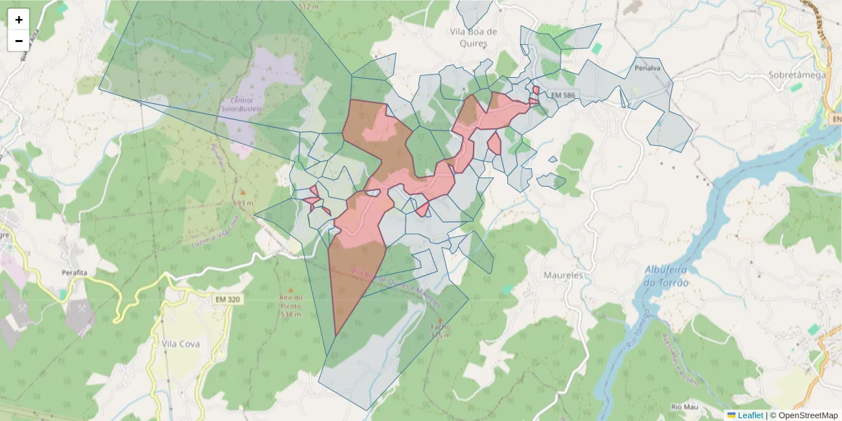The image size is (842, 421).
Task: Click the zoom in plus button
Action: tap(19, 20)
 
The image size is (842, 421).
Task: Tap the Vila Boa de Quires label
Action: tap(474, 36)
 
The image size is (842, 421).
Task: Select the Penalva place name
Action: tap(648, 69)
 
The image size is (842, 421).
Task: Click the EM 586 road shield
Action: tap(562, 95)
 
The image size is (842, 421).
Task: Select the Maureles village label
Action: tap(563, 275)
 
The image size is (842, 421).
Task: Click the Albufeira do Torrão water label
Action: tap(667, 276)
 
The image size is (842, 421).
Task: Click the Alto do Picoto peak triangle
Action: tap(290, 288)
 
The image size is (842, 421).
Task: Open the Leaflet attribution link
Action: tap(750, 415)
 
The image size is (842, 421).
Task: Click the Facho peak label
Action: tap(441, 328)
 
